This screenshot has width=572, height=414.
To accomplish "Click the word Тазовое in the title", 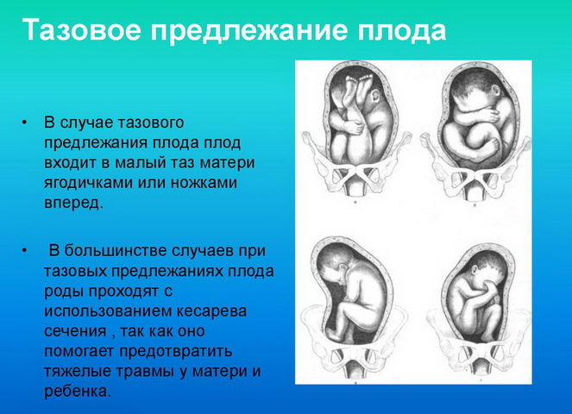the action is click(81, 29).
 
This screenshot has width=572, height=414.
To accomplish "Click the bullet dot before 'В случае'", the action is click(24, 122).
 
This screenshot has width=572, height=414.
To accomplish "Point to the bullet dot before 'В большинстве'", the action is click(24, 251).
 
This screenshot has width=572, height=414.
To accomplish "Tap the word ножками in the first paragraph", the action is click(204, 182).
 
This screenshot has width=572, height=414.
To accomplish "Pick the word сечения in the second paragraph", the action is click(75, 331).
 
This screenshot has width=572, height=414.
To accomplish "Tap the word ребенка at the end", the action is click(77, 392).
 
